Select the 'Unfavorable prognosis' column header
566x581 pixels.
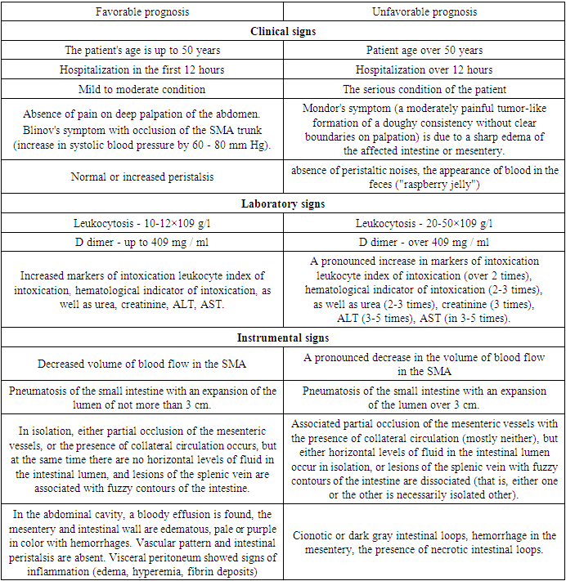tap(424, 12)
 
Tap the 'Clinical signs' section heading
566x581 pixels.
tap(283, 32)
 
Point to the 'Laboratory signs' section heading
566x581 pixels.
tap(283, 204)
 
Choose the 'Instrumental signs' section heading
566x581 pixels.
tap(283, 337)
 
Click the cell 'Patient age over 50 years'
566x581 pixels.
tap(424, 51)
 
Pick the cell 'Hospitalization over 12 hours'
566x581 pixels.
tap(424, 69)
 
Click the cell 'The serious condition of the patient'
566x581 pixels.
tap(424, 89)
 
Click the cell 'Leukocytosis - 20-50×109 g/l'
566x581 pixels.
tap(424, 223)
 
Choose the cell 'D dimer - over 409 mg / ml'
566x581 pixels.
tap(424, 242)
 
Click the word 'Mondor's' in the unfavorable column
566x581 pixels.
tap(324, 106)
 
